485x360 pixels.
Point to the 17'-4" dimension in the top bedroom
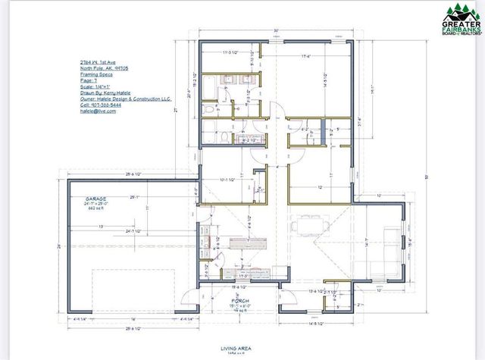coord(305,56)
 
